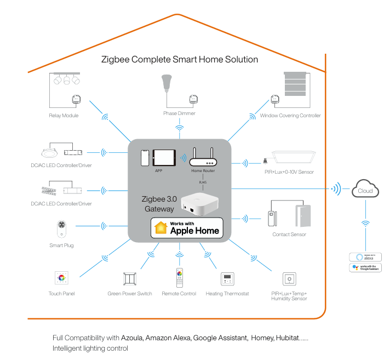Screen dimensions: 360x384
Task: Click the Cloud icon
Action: coord(365,190)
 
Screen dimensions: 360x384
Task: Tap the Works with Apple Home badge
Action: coord(187,227)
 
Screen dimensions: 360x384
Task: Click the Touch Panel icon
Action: coord(61,277)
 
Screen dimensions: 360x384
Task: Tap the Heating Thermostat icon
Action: coord(227,279)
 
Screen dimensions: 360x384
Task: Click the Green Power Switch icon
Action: coord(130,278)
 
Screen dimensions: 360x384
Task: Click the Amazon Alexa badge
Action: coord(365,256)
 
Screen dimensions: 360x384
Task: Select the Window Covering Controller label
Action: coord(290,116)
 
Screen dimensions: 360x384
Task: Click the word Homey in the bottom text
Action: coord(262,338)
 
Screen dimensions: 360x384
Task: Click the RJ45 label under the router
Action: coord(203,183)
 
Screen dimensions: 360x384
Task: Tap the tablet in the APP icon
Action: coord(163,158)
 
